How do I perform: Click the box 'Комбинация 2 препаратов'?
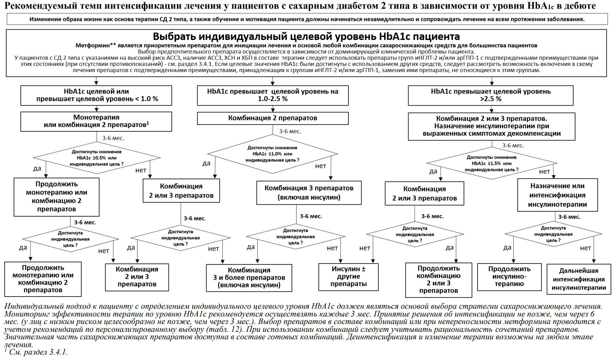(272, 118)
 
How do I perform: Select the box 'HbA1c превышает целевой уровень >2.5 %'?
(491, 95)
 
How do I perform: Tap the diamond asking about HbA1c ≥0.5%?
(97, 158)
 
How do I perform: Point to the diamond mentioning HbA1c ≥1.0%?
(272, 154)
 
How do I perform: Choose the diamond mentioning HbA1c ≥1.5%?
(492, 163)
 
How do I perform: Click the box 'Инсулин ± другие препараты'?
(348, 277)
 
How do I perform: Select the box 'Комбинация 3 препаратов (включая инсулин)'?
(309, 193)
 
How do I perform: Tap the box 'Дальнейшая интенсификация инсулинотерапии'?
(579, 279)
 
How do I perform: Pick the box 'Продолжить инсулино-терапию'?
(509, 277)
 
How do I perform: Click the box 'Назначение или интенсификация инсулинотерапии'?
(557, 195)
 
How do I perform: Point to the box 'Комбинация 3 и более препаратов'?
(249, 277)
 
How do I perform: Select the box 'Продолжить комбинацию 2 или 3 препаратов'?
(438, 279)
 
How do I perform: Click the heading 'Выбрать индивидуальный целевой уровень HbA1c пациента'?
(306, 37)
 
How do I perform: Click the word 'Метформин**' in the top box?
(96, 46)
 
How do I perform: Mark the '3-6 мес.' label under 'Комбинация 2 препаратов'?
(290, 131)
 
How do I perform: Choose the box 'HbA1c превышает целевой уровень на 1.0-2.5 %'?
(272, 95)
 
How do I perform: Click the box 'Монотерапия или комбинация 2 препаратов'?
(96, 121)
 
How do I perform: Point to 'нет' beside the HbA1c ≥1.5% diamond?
(544, 171)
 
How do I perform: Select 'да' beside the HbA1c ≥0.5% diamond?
(37, 169)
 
